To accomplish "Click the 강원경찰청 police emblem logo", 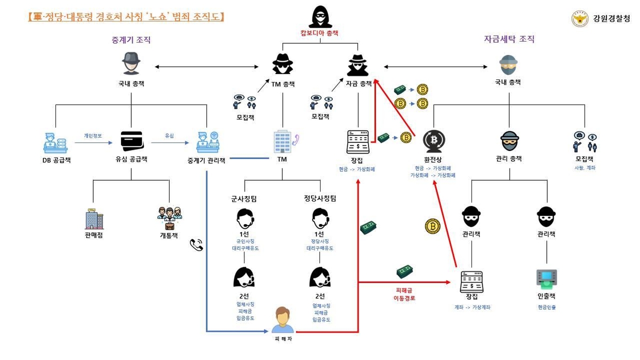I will [x=580, y=19].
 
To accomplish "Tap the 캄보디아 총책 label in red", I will [x=319, y=33].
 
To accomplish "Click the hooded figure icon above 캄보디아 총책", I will [x=319, y=16].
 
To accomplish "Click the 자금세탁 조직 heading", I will [x=509, y=39].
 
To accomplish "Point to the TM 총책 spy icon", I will [x=283, y=64].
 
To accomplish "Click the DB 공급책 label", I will [x=57, y=159].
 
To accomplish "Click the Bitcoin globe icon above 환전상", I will [x=434, y=141].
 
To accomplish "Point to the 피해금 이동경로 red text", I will [x=404, y=294].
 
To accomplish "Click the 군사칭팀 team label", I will [x=244, y=198].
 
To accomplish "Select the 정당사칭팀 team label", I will [x=319, y=198].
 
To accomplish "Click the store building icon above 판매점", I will [x=93, y=219].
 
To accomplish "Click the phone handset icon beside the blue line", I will [x=196, y=245].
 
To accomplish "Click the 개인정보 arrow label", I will [x=93, y=136].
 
